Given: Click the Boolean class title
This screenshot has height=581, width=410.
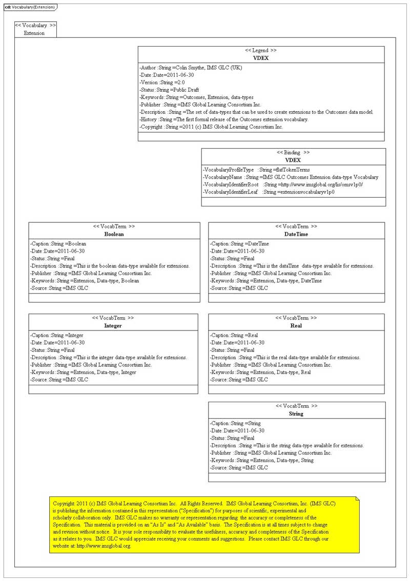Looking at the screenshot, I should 114,234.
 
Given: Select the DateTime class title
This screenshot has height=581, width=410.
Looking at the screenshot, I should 296,234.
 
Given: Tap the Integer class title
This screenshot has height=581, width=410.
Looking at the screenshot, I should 113,325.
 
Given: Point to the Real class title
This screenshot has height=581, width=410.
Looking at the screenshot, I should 296,325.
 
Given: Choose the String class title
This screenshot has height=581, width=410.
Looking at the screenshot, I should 296,413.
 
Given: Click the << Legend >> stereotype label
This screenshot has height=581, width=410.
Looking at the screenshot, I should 261,50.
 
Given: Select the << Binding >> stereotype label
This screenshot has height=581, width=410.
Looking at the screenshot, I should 293,152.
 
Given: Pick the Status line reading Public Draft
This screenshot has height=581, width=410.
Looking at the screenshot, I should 169,90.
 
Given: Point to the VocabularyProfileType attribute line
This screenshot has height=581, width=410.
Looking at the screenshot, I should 256,170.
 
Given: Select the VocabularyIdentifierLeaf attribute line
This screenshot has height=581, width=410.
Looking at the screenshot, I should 269,192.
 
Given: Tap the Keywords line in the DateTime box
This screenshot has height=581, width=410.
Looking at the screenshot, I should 266,281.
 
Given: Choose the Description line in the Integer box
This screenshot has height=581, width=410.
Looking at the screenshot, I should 108,358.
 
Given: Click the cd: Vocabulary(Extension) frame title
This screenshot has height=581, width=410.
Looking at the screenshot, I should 29,7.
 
